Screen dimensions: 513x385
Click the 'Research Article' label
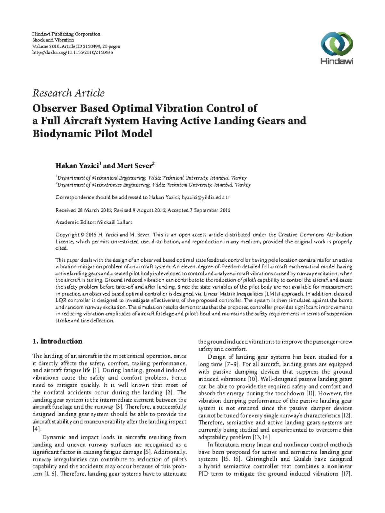pyautogui.click(x=68, y=93)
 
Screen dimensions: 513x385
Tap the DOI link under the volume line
pyautogui.click(x=73, y=53)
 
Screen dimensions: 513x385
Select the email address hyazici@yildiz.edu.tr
pyautogui.click(x=205, y=198)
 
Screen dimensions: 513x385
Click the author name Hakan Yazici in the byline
pyautogui.click(x=77, y=166)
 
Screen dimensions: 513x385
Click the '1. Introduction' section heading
pyautogui.click(x=57, y=341)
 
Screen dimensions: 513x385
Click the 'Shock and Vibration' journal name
pyautogui.click(x=53, y=40)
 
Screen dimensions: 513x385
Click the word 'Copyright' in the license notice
pyautogui.click(x=67, y=235)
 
